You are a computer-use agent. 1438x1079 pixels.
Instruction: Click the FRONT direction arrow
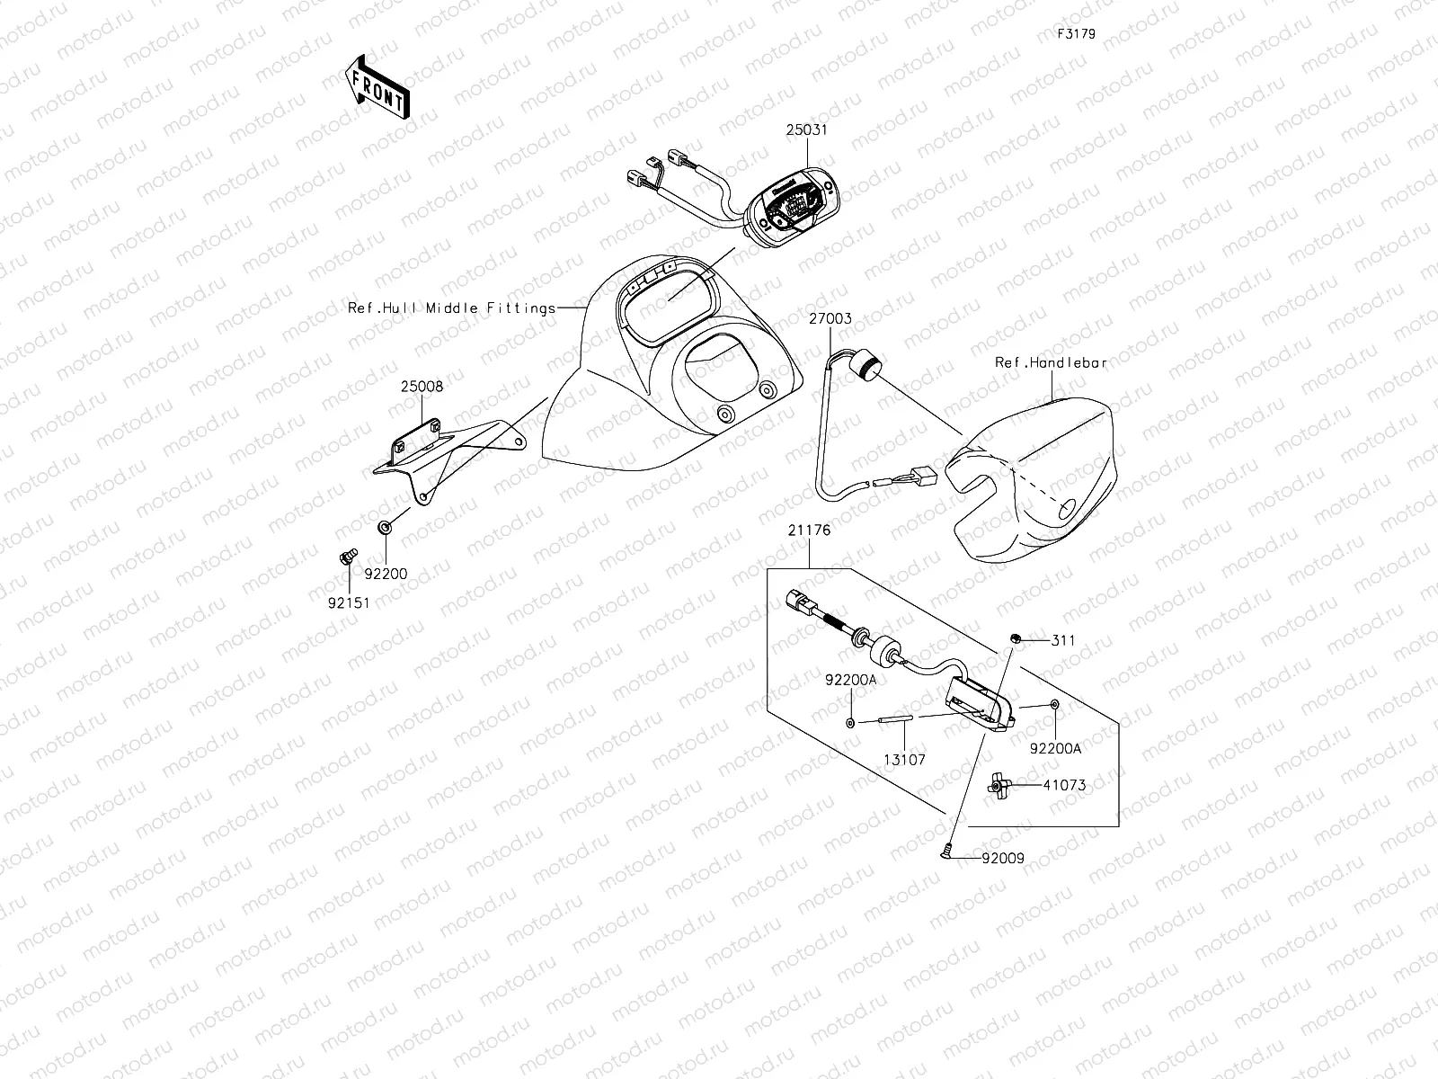[376, 86]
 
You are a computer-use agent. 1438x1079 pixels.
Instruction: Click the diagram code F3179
[1075, 34]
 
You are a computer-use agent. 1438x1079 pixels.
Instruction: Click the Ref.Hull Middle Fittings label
[452, 308]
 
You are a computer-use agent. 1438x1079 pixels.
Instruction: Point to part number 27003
[830, 319]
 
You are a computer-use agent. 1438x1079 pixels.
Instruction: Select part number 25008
[422, 387]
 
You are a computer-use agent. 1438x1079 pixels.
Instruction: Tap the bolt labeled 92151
[346, 558]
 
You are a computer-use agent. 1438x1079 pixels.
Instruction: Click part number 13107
[903, 760]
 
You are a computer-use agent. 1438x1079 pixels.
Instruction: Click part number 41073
[1064, 785]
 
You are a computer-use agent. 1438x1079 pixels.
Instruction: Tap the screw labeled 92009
[950, 848]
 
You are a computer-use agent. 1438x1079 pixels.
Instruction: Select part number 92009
[1002, 858]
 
